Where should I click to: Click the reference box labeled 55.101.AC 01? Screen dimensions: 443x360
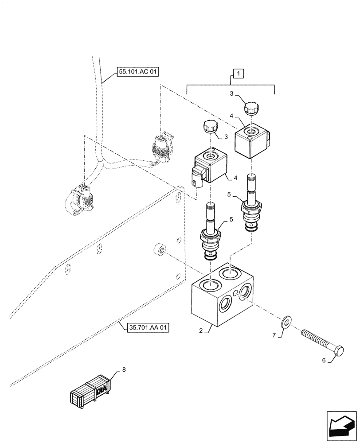click(x=137, y=72)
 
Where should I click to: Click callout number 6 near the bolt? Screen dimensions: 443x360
click(x=324, y=361)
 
